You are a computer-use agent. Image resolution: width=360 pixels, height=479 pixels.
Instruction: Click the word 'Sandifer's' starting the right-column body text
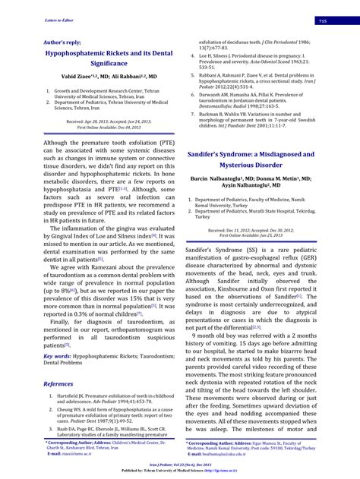click(x=203, y=248)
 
